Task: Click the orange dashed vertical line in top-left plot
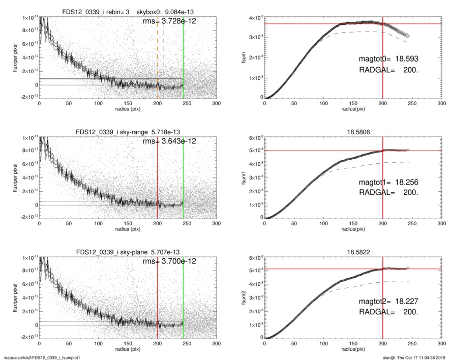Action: click(158, 51)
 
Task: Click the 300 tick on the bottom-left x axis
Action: click(216, 343)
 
